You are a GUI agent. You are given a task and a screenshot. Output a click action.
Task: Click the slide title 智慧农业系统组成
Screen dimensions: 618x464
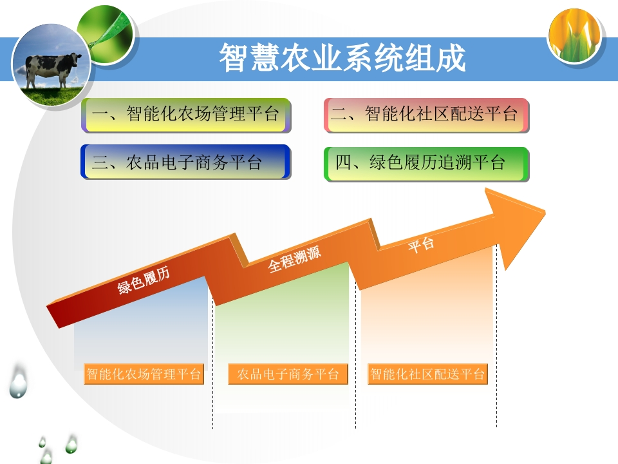coord(342,57)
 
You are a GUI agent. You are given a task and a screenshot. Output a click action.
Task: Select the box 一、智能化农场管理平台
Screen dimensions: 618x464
coord(186,115)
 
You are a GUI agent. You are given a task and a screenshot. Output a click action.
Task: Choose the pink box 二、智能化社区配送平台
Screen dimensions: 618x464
coord(426,115)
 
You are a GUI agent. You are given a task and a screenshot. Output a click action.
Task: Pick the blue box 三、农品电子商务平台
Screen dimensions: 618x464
coord(185,162)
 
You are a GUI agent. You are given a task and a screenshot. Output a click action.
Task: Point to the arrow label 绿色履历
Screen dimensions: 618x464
coord(144,280)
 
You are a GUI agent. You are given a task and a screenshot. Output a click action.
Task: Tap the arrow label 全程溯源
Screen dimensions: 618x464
coord(294,259)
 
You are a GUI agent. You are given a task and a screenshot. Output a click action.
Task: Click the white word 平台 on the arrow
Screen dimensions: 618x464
coord(421,245)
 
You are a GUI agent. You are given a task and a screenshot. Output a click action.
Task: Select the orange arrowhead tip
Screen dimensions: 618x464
coord(545,213)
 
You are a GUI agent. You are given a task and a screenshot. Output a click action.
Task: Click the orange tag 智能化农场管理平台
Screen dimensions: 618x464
coord(144,374)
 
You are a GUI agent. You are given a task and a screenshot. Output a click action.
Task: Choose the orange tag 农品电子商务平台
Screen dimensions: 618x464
coord(288,374)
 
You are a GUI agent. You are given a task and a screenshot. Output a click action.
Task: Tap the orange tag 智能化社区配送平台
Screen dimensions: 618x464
coord(427,374)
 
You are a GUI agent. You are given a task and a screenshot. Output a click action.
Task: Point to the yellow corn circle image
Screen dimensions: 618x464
coord(576,36)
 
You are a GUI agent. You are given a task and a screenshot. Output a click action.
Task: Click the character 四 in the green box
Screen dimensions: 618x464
coord(343,163)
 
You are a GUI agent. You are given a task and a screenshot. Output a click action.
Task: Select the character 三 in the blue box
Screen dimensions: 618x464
coord(100,162)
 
